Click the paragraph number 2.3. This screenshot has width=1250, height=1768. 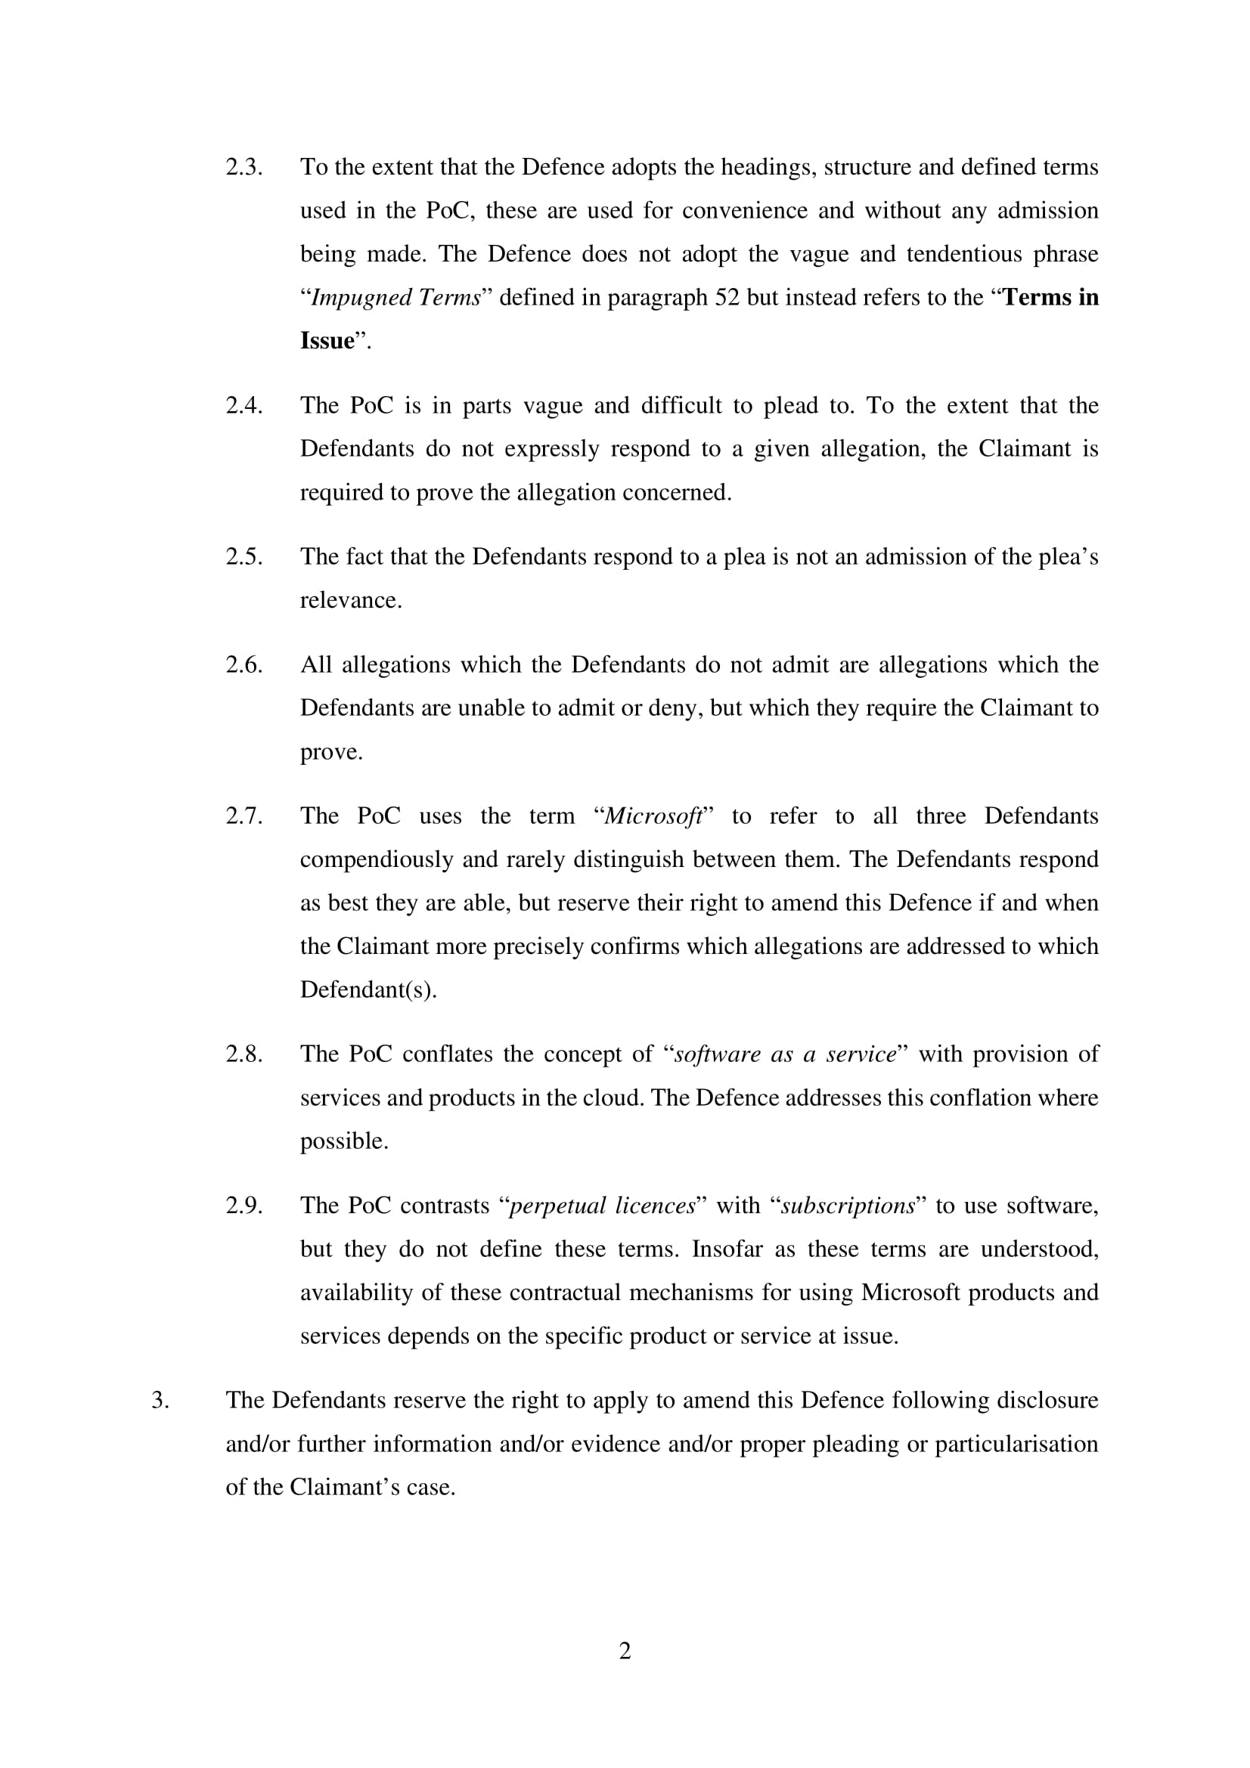tap(243, 167)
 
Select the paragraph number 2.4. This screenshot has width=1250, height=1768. tap(243, 405)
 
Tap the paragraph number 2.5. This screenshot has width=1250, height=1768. tap(243, 556)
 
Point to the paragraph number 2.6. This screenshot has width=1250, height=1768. tap(243, 664)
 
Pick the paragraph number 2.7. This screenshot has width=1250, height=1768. tap(243, 816)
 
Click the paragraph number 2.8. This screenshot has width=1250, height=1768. tap(243, 1054)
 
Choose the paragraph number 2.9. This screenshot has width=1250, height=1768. tap(243, 1205)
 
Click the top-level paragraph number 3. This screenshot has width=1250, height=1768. tap(160, 1400)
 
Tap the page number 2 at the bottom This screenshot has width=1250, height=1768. tap(625, 1650)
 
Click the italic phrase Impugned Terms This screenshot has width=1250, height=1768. tap(396, 297)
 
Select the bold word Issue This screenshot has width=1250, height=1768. tap(327, 340)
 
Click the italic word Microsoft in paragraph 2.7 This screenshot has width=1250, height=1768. tap(653, 816)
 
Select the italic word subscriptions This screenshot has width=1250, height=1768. tap(848, 1205)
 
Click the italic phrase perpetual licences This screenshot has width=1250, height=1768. tap(602, 1205)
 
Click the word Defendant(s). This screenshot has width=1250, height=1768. tap(368, 989)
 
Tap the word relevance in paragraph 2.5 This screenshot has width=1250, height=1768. tap(350, 600)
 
